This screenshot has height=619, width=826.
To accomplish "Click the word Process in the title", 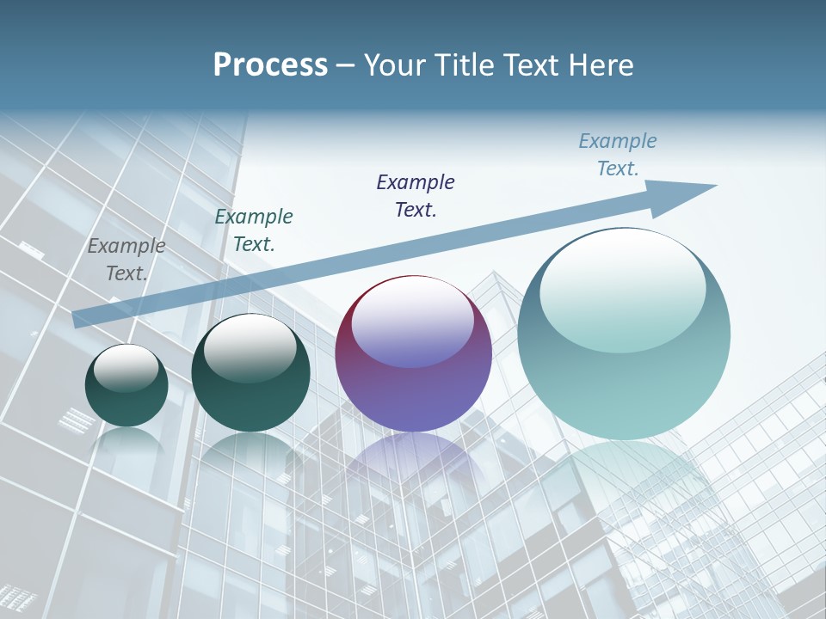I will [x=270, y=65].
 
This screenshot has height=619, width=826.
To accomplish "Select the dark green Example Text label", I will [x=254, y=230].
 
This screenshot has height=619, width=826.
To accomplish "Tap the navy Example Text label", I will [x=416, y=195].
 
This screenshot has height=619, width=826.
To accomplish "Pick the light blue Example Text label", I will [x=618, y=155].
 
